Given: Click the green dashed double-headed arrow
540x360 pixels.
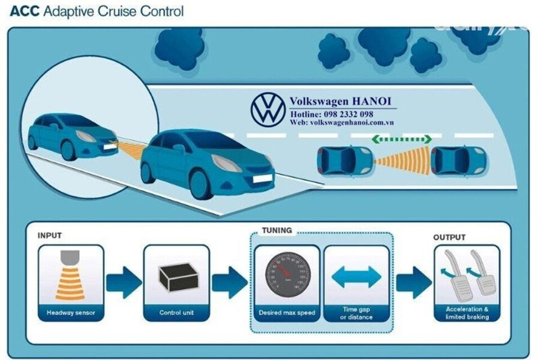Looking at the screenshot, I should click(401, 139).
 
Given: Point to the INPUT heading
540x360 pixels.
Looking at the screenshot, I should click(49, 236).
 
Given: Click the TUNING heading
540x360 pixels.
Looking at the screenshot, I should click(277, 231).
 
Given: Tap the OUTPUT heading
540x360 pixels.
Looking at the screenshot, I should click(449, 237).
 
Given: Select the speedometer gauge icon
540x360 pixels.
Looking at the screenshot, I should click(287, 274).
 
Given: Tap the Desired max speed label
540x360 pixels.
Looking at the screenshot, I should click(287, 313).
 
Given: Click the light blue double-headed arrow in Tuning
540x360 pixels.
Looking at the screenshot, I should click(357, 277).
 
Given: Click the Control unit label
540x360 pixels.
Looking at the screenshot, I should click(177, 313).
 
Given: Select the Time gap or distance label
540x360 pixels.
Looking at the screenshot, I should click(357, 313).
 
